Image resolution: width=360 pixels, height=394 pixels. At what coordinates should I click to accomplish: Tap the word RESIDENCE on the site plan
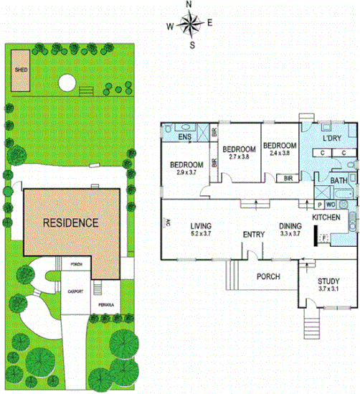pos(70,222)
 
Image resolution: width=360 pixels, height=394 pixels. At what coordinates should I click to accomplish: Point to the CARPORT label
pos(76,311)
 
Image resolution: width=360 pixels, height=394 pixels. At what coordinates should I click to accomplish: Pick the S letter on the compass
pos(191,44)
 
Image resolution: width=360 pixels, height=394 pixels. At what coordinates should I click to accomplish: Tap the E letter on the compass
pos(209,24)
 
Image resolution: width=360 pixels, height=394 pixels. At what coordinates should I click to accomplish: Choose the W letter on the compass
pos(170,27)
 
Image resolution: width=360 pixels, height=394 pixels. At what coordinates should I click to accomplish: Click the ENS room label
pos(185,136)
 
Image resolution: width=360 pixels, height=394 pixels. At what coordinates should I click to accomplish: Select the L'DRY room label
pos(331,138)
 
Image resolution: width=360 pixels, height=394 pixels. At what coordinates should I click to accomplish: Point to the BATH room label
pos(340,180)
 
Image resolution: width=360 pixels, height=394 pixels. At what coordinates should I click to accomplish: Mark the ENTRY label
pos(254,234)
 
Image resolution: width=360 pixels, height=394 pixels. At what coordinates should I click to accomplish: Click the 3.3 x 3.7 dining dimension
pos(290,233)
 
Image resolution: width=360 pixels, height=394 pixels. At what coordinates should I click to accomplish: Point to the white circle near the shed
pos(67,83)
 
